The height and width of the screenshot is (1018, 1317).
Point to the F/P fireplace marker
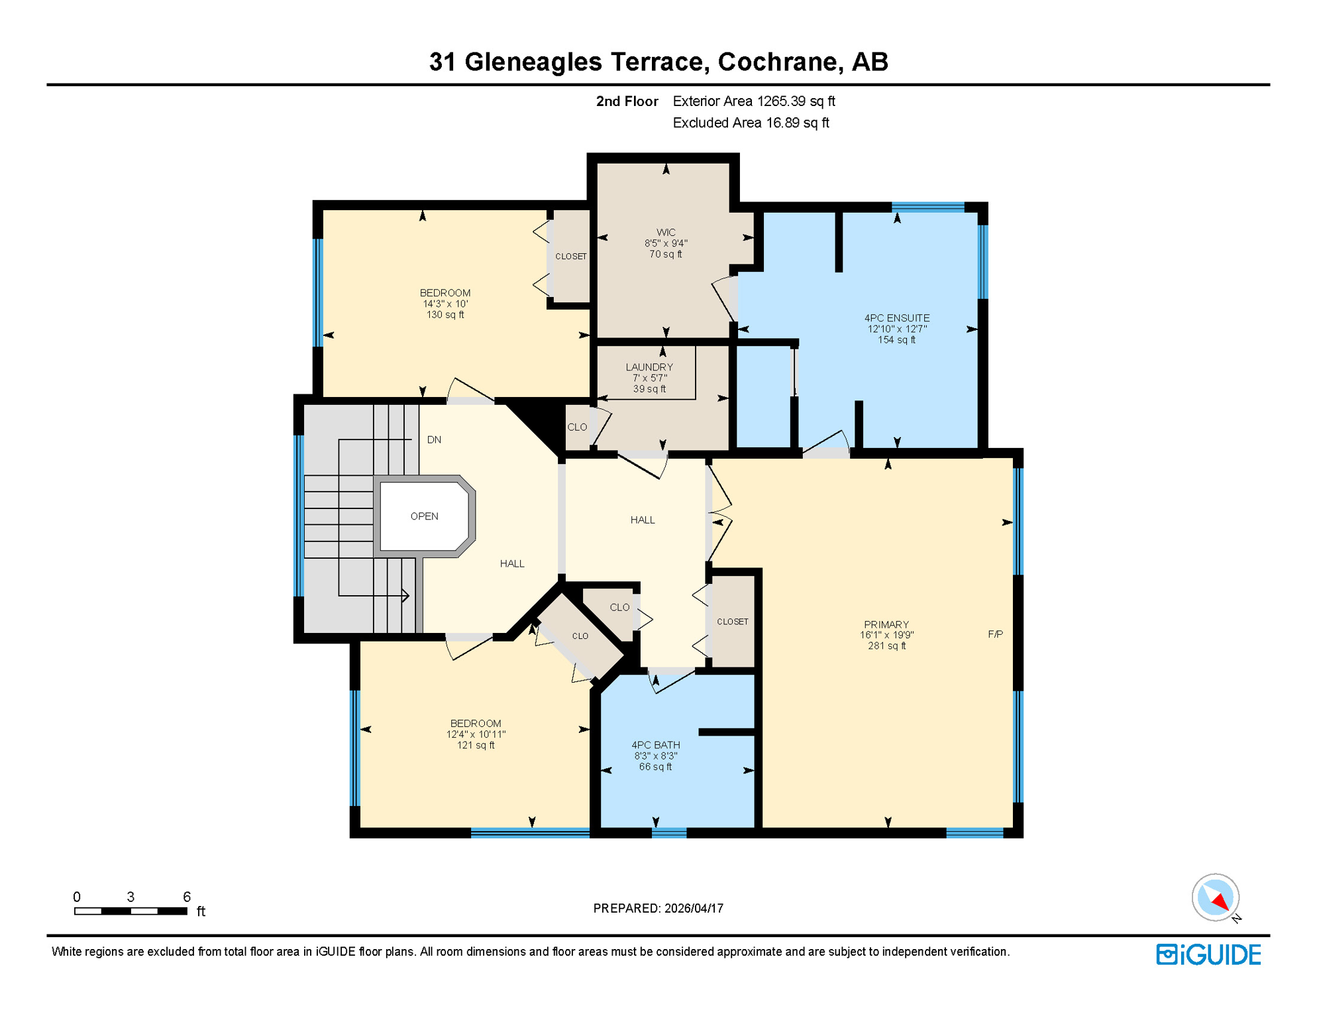coord(994,634)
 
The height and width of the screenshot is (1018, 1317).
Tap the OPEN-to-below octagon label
coord(424,516)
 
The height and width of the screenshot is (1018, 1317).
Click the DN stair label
coord(434,439)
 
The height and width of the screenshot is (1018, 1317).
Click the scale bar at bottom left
coord(131,911)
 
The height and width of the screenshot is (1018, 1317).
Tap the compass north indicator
coord(1216,898)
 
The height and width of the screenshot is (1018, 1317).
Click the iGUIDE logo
coord(1208,954)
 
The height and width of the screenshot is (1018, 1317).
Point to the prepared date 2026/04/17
coord(658,908)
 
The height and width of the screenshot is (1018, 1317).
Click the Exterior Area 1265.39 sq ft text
coord(753,101)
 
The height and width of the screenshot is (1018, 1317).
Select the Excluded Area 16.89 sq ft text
coord(750,123)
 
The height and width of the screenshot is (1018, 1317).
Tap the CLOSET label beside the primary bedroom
coord(732,622)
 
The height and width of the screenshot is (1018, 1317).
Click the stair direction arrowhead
coord(405,595)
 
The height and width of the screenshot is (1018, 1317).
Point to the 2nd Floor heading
coord(626,101)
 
